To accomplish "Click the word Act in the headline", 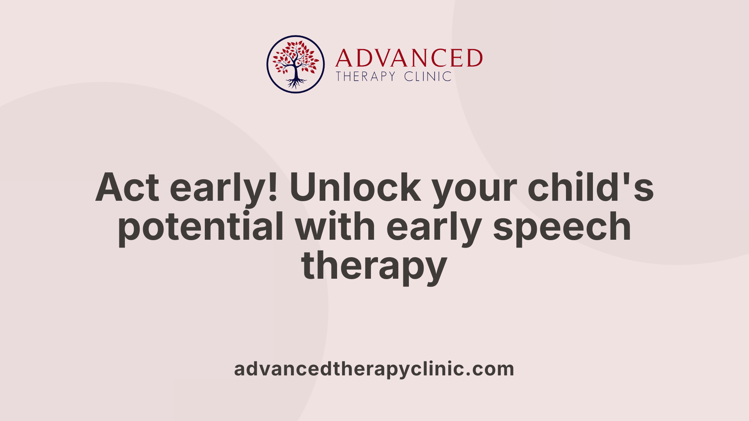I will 127,188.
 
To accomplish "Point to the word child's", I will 590,188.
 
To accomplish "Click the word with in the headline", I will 335,226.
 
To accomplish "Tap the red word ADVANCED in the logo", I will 409,58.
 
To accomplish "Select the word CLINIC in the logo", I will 428,76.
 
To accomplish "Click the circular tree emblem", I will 296,64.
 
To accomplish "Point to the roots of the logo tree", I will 296,83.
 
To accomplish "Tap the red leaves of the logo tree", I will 295,55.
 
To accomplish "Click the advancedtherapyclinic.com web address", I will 374,369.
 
